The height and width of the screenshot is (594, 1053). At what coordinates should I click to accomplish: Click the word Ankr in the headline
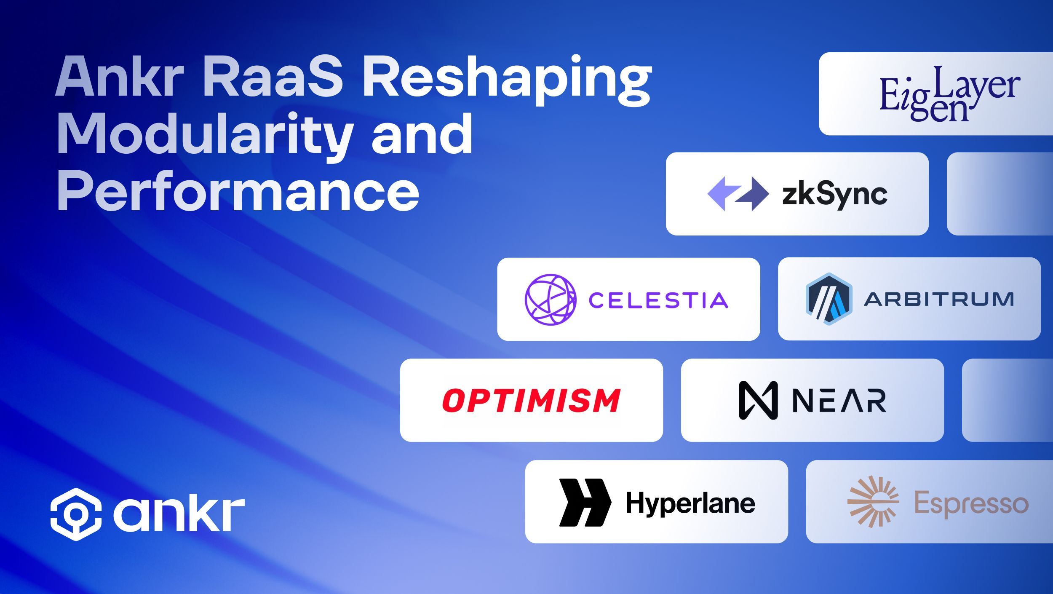click(120, 78)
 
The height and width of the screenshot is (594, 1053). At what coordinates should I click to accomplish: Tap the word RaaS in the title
click(274, 78)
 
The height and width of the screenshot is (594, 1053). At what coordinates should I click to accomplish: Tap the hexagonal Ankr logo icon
click(76, 514)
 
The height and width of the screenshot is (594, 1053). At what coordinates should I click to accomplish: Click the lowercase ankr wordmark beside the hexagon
click(179, 514)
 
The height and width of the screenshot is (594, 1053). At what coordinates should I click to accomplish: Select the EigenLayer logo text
click(950, 94)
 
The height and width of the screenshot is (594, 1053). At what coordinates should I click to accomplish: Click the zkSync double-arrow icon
click(738, 194)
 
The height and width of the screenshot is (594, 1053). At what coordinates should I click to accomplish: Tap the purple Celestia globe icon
click(551, 299)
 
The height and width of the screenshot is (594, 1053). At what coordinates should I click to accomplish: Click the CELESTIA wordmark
click(658, 300)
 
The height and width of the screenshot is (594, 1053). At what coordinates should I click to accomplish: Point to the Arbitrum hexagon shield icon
click(829, 299)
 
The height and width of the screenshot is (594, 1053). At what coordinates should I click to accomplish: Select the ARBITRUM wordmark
click(939, 299)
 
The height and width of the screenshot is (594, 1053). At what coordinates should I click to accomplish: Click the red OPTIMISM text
click(531, 400)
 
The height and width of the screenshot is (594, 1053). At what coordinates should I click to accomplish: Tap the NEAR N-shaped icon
click(758, 400)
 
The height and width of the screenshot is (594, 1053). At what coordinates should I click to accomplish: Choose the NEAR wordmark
click(839, 401)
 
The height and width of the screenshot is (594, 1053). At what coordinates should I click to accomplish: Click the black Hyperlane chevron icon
click(585, 502)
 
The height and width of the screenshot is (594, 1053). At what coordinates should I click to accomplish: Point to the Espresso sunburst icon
click(873, 502)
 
